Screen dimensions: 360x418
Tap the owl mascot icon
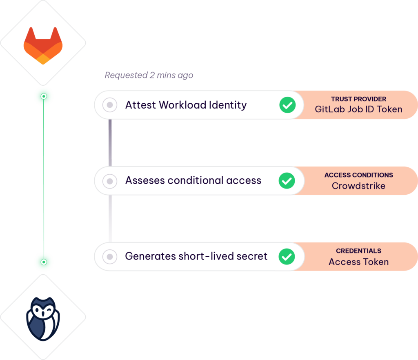(43, 318)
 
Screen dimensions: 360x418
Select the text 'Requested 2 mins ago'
(149, 75)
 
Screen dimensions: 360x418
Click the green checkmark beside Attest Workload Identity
(287, 105)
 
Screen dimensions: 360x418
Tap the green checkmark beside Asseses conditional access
(287, 180)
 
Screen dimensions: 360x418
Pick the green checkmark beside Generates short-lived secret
(287, 256)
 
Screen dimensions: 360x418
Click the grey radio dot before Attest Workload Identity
(109, 105)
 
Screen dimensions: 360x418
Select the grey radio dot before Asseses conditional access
(109, 180)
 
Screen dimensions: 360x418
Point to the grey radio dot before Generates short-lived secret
(109, 256)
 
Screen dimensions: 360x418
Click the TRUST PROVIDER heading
(358, 99)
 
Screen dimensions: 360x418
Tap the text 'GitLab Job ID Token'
(358, 109)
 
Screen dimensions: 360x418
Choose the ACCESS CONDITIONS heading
(358, 175)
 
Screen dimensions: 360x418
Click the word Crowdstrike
(358, 186)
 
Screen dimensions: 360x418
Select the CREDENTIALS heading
(358, 251)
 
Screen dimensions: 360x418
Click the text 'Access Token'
(358, 262)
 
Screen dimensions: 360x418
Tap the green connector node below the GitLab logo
(44, 97)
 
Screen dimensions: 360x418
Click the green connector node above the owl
(44, 262)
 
